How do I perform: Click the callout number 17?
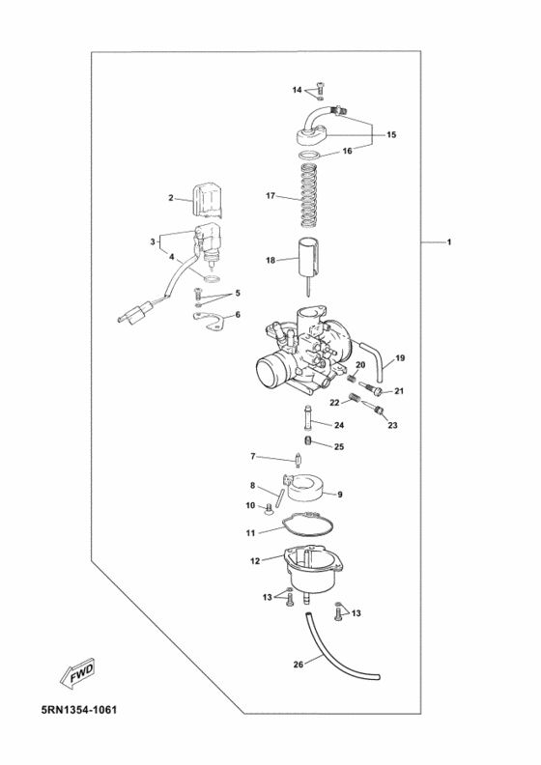click(x=271, y=196)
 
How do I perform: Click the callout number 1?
click(x=448, y=241)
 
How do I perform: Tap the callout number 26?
click(x=298, y=665)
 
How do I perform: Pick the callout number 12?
click(x=255, y=560)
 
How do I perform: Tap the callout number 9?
click(x=340, y=494)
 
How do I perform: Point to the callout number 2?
click(x=171, y=198)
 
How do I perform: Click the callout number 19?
click(x=400, y=358)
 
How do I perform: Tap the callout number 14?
click(x=298, y=90)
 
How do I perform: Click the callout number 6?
click(x=238, y=314)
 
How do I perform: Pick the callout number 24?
click(x=340, y=425)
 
